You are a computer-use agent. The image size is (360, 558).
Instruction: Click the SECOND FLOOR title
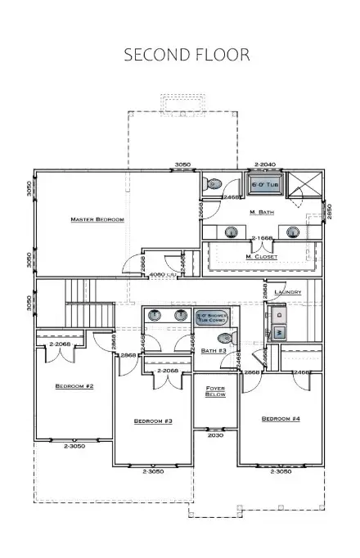[187, 56]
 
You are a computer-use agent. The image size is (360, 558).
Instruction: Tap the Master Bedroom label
[97, 219]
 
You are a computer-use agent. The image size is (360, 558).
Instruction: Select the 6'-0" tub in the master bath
[263, 186]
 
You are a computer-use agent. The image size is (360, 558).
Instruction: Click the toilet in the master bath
[214, 184]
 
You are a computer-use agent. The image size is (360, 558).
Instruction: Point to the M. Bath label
[261, 212]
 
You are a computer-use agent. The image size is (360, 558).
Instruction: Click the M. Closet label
[262, 257]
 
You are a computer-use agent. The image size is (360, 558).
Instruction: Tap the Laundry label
[288, 292]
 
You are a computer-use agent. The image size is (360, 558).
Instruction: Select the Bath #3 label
[214, 351]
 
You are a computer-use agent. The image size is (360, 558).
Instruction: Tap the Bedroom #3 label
[153, 421]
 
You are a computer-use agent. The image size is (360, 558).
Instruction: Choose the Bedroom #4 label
[280, 419]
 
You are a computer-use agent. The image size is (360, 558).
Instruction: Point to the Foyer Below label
[215, 390]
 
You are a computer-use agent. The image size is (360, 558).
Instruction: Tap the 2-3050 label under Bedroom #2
[74, 447]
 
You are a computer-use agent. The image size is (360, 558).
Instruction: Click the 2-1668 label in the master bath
[262, 238]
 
